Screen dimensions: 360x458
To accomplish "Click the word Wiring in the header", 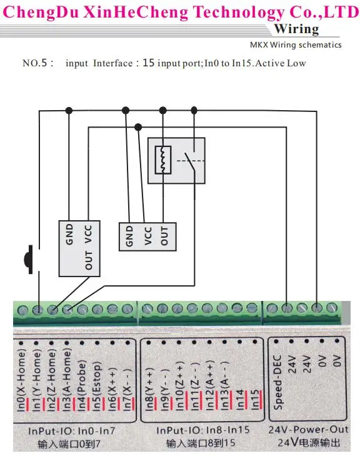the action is [x=296, y=29].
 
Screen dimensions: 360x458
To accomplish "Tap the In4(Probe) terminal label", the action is [x=82, y=385].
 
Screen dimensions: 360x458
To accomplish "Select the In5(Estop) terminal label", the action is [x=97, y=386].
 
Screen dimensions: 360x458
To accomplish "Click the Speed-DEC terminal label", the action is [x=277, y=382].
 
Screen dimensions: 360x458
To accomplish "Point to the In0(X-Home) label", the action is [x=21, y=381].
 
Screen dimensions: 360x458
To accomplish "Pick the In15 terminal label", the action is [x=255, y=399].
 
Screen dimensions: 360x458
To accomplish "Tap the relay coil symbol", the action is [x=162, y=160].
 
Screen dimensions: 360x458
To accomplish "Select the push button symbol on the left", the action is [x=29, y=260].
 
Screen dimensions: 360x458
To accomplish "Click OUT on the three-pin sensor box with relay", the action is [x=164, y=237].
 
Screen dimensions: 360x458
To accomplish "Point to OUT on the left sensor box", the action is [x=89, y=260].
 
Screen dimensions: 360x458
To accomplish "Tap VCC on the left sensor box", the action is [x=89, y=234].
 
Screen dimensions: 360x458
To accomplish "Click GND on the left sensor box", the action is [x=69, y=234].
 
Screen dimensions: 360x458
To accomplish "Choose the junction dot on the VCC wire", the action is [x=138, y=127].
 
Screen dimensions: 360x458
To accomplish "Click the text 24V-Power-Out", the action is [x=308, y=430].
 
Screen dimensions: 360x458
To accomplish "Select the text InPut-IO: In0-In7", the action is [x=72, y=432].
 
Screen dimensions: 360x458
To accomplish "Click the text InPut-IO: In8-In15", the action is [x=203, y=430].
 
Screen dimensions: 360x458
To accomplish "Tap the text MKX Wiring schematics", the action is [x=296, y=44].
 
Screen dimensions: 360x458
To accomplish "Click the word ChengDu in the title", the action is [x=41, y=13].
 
